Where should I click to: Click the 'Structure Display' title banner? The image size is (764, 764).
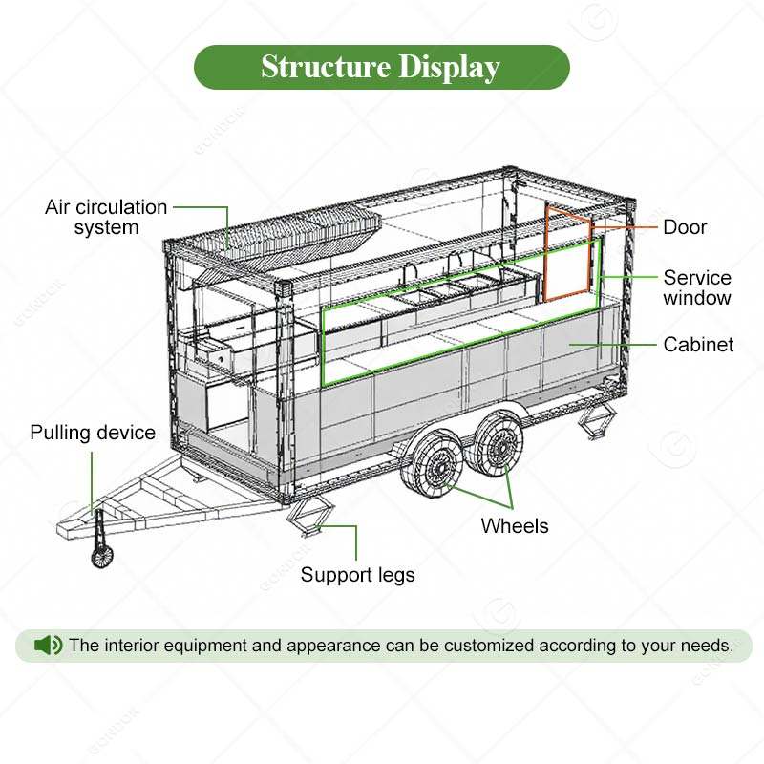click(380, 68)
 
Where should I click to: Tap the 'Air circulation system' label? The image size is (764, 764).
click(106, 217)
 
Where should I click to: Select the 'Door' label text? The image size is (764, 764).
click(685, 227)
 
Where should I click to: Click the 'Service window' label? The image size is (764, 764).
click(697, 287)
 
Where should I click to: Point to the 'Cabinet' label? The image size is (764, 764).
click(699, 344)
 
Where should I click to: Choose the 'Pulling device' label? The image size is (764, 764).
click(93, 433)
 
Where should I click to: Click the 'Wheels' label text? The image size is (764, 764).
click(515, 525)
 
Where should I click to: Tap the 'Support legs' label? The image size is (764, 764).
click(358, 575)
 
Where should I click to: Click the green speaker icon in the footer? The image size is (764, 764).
click(48, 646)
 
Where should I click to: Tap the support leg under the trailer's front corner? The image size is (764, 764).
click(309, 520)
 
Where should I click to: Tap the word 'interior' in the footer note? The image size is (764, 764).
click(137, 646)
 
